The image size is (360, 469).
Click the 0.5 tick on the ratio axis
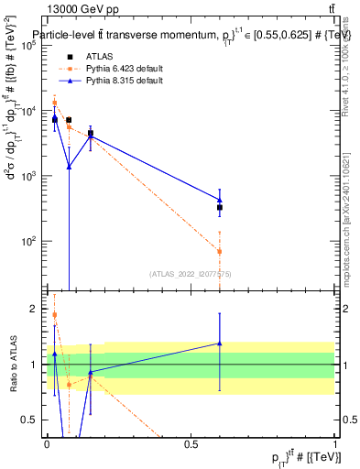[31, 420]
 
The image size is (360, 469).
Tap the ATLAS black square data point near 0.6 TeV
[220, 208]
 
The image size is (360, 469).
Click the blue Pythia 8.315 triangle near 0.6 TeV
[220, 200]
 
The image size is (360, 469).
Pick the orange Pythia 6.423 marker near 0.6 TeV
[220, 251]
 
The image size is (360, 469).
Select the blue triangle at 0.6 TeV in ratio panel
[220, 344]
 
